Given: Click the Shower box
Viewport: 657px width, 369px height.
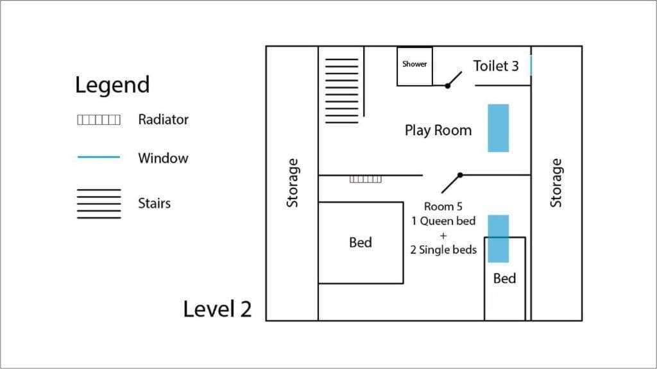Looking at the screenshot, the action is pos(414,67).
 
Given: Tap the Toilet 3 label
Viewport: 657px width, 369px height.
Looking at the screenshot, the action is pos(496,66).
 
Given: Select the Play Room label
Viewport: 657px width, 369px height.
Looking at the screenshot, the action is pos(438,130).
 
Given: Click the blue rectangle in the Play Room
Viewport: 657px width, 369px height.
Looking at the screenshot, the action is pos(498,128).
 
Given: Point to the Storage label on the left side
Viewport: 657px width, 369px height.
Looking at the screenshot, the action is pos(293,183).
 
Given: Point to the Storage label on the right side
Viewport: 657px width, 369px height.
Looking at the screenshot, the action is pos(556,183).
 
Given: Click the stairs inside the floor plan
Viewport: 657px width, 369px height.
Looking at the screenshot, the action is pos(341,91).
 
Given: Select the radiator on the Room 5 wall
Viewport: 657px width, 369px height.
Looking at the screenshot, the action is pos(365,179).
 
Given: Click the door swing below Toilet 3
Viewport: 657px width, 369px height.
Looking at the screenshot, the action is pos(454,79).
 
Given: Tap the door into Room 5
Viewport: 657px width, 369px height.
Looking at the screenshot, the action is pos(452,183).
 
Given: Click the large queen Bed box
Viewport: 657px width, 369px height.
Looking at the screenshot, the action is pos(361,243).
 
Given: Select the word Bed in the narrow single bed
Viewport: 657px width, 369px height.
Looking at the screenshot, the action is pos(504,278).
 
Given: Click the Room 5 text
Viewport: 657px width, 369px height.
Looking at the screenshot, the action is pos(443,206).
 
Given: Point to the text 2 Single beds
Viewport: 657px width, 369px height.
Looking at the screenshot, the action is pos(443,250).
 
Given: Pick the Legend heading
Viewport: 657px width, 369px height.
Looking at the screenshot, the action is pos(112,85).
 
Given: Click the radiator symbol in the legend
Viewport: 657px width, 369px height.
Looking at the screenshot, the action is pos(99,120).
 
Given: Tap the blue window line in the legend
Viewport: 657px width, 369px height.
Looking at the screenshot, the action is pos(99,157).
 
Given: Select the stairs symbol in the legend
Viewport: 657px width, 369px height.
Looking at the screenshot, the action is pos(99,204).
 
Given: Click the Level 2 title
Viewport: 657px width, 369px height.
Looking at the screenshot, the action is pos(218,309).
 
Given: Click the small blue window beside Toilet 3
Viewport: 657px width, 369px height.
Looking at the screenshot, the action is pos(531,66).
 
